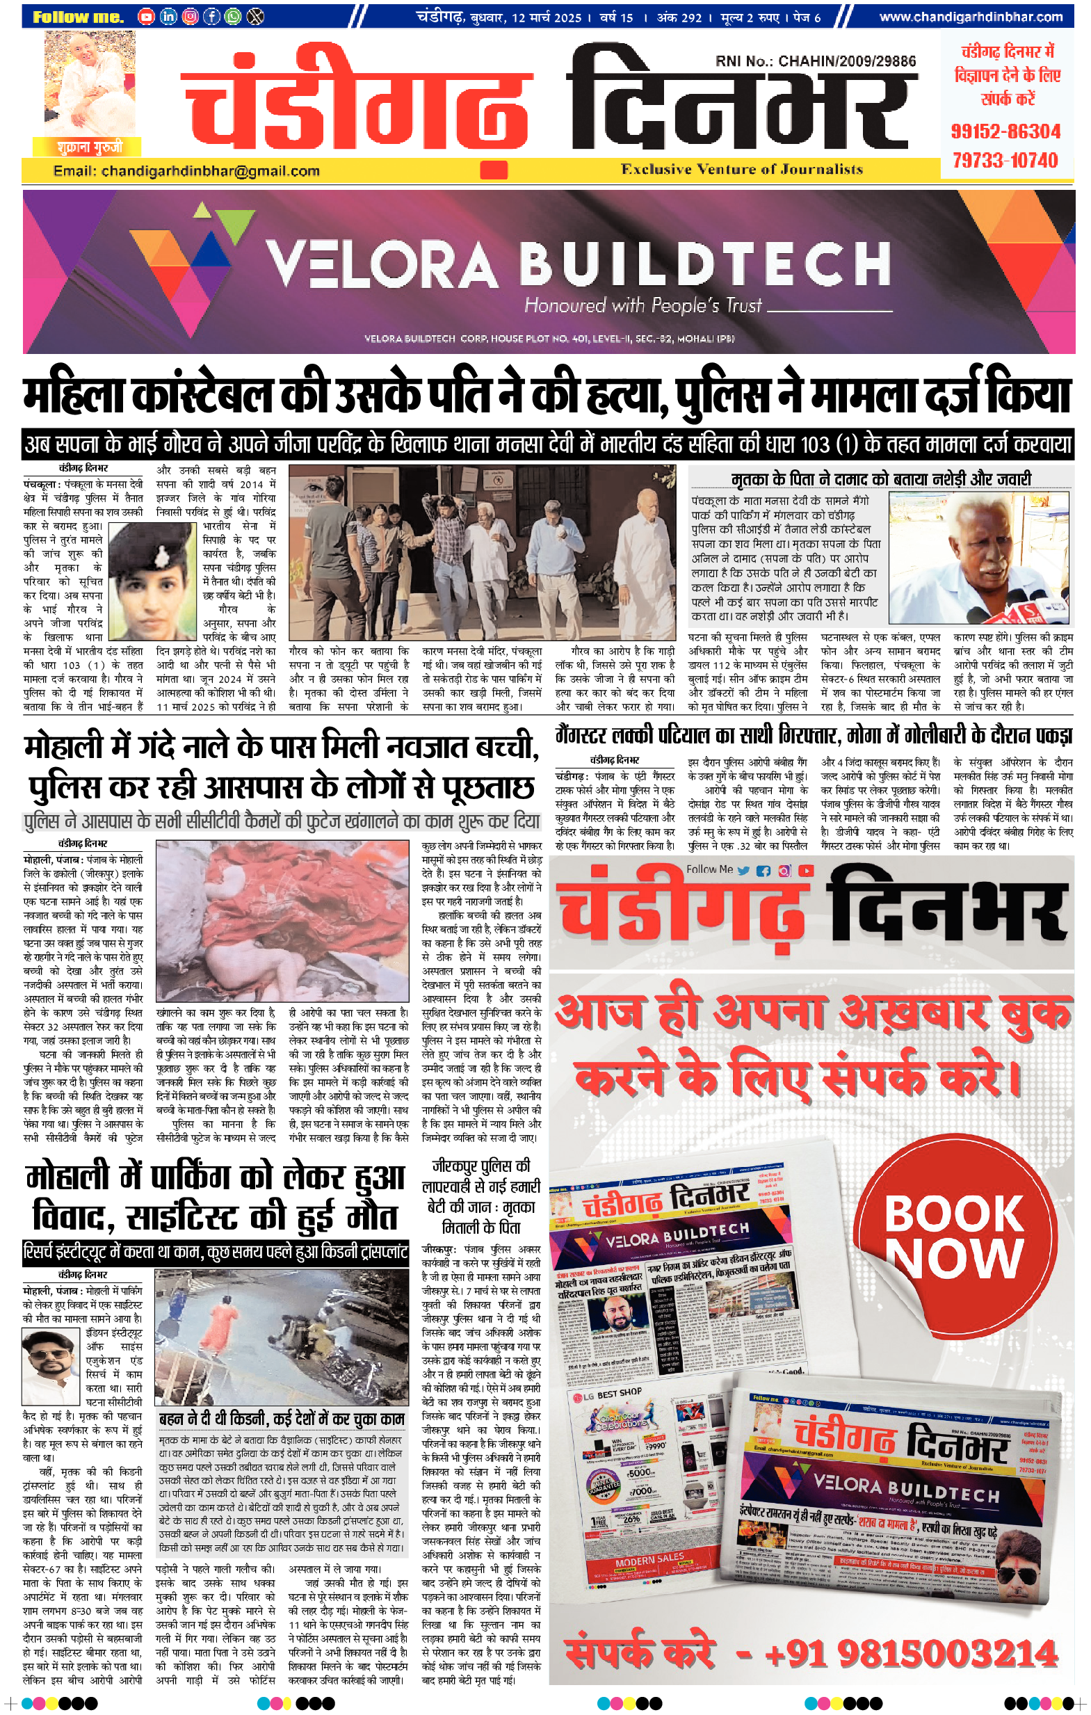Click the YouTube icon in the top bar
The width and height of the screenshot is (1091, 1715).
pyautogui.click(x=146, y=16)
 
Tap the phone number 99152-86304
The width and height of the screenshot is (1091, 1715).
pyautogui.click(x=1005, y=131)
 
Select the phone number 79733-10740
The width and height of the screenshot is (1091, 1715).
pyautogui.click(x=1005, y=160)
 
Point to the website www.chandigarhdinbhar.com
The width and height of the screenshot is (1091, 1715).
pyautogui.click(x=971, y=17)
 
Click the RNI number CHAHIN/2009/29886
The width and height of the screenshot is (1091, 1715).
pyautogui.click(x=816, y=61)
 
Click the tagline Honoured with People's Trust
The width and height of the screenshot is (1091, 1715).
pyautogui.click(x=643, y=305)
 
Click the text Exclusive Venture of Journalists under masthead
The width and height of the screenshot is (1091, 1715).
pyautogui.click(x=741, y=170)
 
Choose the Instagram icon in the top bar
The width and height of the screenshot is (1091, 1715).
pyautogui.click(x=189, y=16)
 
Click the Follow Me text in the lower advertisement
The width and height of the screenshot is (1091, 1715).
pyautogui.click(x=709, y=869)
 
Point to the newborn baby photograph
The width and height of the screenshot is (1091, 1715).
pyautogui.click(x=282, y=919)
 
